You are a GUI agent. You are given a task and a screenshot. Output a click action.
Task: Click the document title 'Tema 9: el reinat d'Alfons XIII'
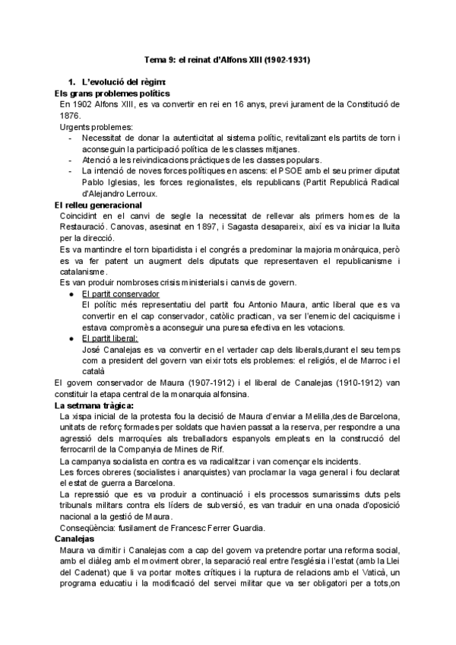(227, 59)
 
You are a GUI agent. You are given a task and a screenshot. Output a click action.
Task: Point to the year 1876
(71, 114)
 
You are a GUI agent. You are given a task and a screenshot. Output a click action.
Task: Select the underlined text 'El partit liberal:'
(113, 339)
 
